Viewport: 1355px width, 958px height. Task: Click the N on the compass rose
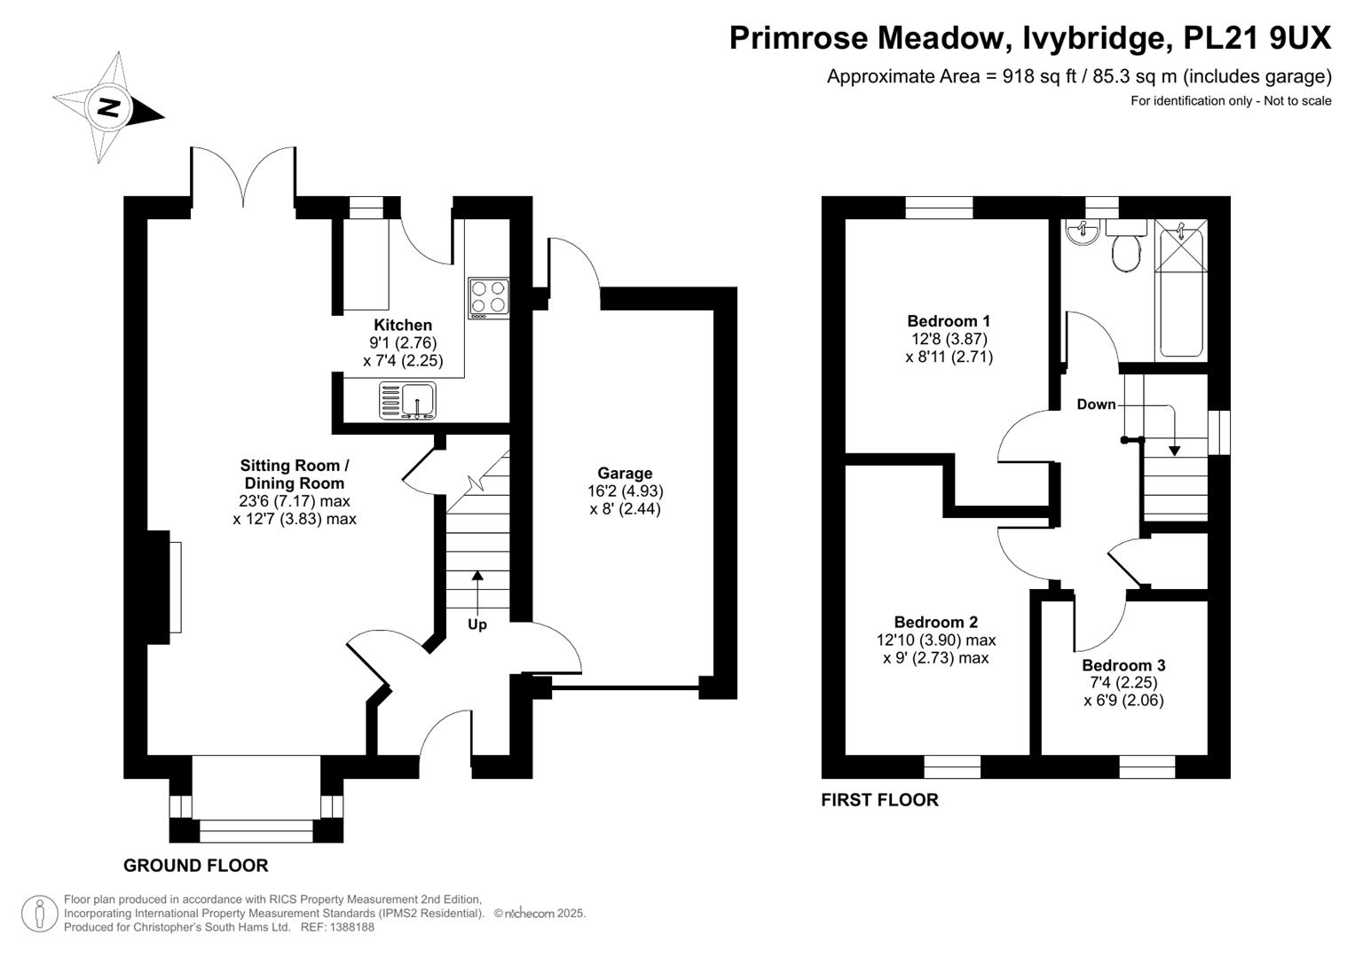109,108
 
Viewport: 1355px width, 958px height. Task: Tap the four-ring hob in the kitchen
488,298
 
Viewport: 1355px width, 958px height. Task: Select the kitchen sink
407,400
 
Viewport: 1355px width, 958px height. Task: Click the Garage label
625,473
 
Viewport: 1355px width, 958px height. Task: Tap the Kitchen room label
403,325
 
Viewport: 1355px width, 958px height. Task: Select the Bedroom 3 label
1123,665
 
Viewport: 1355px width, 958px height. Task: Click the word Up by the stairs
477,624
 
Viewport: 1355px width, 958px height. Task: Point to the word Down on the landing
1096,404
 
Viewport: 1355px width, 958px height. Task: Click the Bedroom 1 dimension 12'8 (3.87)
949,339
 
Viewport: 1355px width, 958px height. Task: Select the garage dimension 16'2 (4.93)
626,491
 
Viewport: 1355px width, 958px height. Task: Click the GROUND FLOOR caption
196,866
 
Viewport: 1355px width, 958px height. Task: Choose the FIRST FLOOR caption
879,799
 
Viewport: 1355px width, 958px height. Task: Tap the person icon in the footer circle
40,914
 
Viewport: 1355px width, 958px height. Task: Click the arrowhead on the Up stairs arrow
478,575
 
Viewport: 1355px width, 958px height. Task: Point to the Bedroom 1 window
940,208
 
